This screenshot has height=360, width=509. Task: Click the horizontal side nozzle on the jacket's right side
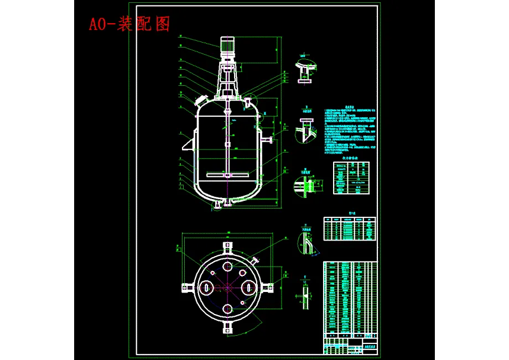point(267,138)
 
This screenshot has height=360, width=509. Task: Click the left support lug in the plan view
point(185,287)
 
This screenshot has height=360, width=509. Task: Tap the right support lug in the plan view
point(268,287)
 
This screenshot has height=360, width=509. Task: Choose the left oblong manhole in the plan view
point(206,287)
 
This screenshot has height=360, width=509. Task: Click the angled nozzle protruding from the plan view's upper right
point(255,259)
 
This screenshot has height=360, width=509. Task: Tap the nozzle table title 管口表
point(350,211)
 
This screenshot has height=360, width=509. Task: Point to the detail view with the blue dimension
point(305,186)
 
